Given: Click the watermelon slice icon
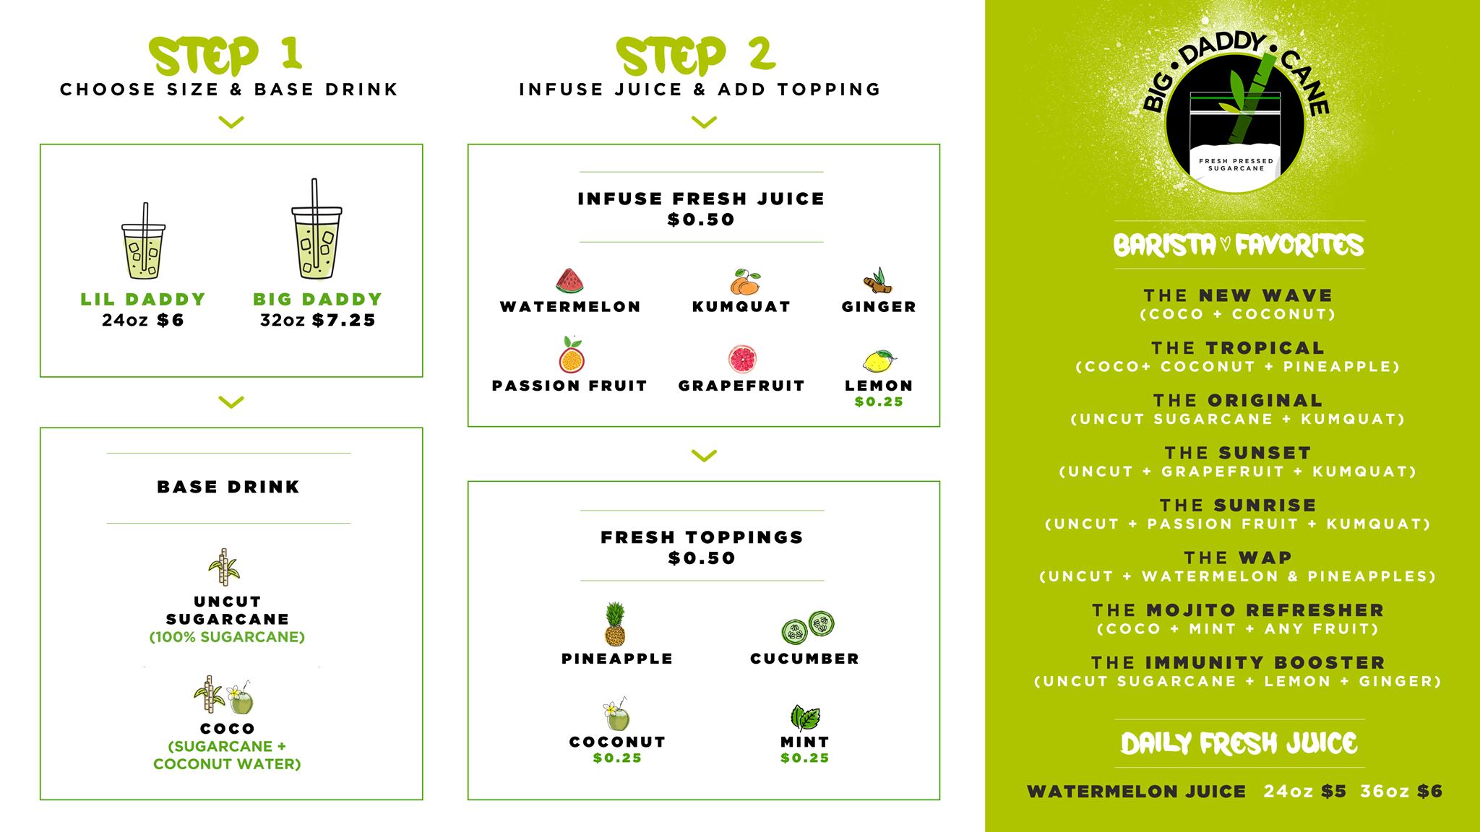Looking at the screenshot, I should click(570, 281).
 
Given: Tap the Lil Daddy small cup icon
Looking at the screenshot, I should click(143, 242).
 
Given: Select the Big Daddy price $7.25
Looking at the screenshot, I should click(344, 321).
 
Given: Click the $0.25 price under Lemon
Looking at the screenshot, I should click(879, 402).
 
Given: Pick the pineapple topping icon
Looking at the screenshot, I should click(615, 625).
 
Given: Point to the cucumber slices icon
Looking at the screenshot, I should click(808, 626).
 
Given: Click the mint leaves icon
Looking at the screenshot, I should click(804, 718).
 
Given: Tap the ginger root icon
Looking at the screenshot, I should click(879, 280).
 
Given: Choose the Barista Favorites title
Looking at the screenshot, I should click(1239, 246).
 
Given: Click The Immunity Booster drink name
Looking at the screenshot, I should click(1238, 662).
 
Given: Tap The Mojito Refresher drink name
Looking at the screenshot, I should click(1238, 610).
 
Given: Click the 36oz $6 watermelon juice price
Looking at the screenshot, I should click(1401, 792).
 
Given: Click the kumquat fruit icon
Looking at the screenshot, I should click(744, 282).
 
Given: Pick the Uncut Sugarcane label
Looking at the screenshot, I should click(228, 610).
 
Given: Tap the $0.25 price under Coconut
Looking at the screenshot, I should click(617, 758).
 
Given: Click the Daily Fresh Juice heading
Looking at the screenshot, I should click(1239, 744).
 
